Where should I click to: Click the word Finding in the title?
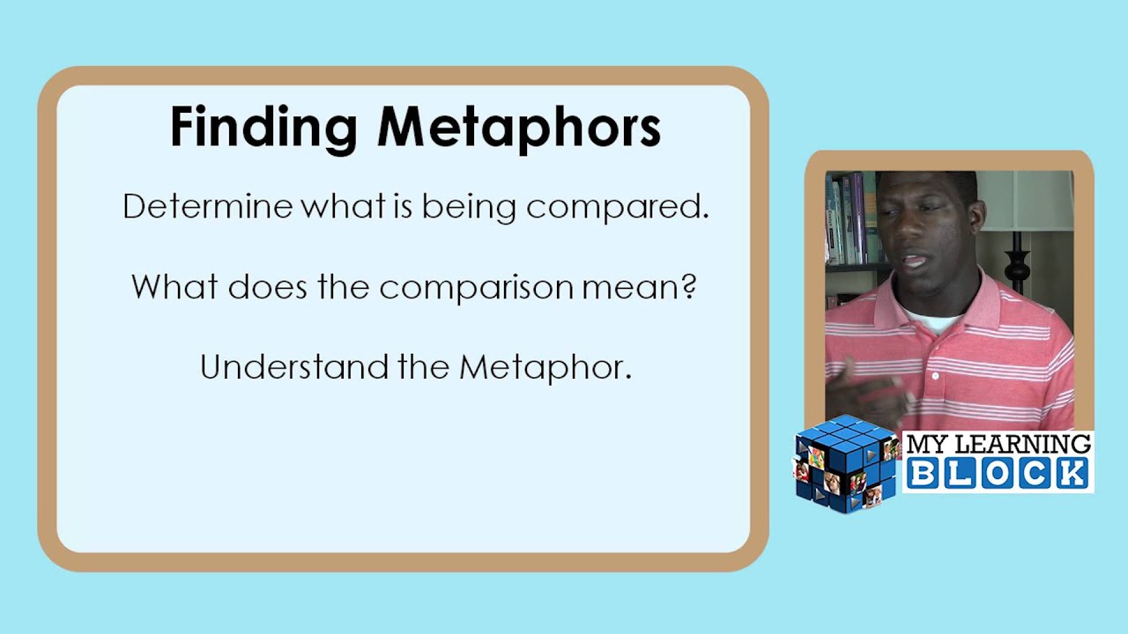coord(263,128)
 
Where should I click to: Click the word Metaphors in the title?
coord(518,128)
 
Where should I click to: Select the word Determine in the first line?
coord(207,207)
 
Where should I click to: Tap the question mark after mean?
coord(687,286)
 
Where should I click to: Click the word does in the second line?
coord(268,286)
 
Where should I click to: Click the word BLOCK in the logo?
coord(997,473)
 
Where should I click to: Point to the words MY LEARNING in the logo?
coord(998,444)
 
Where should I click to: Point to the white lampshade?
coord(1031,198)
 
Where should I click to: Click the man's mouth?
coord(914,262)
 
